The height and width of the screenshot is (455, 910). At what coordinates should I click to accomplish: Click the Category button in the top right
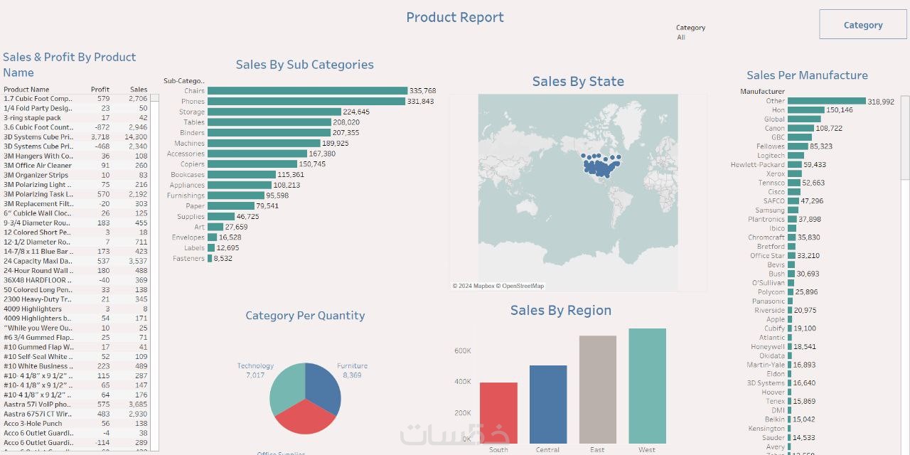pyautogui.click(x=863, y=25)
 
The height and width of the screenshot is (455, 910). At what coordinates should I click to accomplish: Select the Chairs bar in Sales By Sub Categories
pyautogui.click(x=307, y=91)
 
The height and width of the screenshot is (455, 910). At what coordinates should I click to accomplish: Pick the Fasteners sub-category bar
pyautogui.click(x=210, y=259)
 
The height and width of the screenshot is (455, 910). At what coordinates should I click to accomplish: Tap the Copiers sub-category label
pyautogui.click(x=193, y=164)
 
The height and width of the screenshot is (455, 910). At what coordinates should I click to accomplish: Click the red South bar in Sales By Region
pyautogui.click(x=498, y=412)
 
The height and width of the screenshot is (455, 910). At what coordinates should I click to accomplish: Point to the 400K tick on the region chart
pyautogui.click(x=462, y=382)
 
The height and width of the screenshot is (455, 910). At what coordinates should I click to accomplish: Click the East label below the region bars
pyautogui.click(x=597, y=449)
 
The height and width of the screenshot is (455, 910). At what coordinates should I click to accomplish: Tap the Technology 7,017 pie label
pyautogui.click(x=255, y=370)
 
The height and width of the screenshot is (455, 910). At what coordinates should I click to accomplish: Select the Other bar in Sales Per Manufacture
pyautogui.click(x=826, y=101)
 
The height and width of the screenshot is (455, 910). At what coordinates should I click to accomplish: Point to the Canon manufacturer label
pyautogui.click(x=775, y=129)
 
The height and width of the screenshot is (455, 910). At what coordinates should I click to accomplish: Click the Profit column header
pyautogui.click(x=100, y=90)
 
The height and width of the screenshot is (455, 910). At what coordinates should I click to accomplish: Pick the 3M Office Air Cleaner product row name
pyautogui.click(x=38, y=166)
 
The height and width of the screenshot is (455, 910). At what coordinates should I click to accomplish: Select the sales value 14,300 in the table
pyautogui.click(x=136, y=136)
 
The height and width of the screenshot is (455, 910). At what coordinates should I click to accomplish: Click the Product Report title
pyautogui.click(x=455, y=17)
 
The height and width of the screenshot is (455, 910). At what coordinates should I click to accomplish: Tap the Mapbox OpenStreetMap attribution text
pyautogui.click(x=498, y=286)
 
